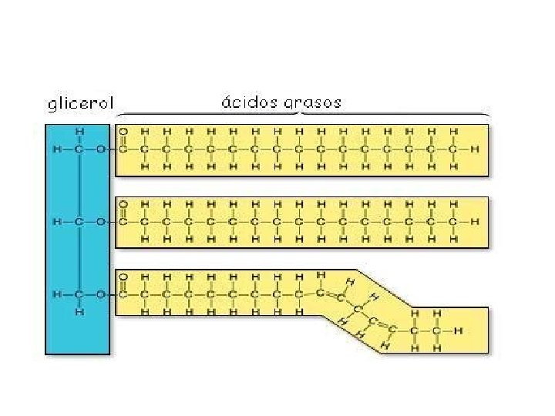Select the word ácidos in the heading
pyautogui.click(x=247, y=102)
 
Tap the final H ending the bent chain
pyautogui.click(x=459, y=331)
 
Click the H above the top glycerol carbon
pyautogui.click(x=80, y=131)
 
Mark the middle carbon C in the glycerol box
pyautogui.click(x=80, y=222)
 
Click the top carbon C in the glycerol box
pyautogui.click(x=80, y=148)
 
